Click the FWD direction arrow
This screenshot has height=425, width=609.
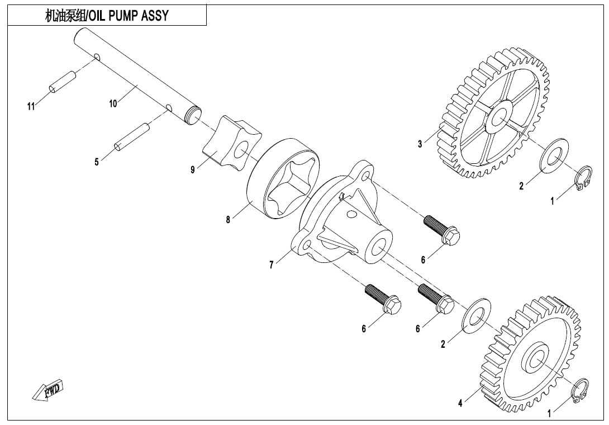48,389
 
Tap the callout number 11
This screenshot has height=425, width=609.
31,106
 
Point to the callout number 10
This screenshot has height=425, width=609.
113,103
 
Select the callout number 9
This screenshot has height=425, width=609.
193,170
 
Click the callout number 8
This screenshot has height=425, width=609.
228,220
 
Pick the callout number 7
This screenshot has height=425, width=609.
272,265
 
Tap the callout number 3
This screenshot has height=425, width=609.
420,144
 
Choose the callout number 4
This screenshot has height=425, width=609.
460,403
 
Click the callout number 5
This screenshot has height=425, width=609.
97,163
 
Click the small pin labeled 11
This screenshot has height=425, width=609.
61,82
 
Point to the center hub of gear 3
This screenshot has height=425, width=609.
499,117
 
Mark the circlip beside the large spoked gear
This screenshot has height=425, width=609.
584,177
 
